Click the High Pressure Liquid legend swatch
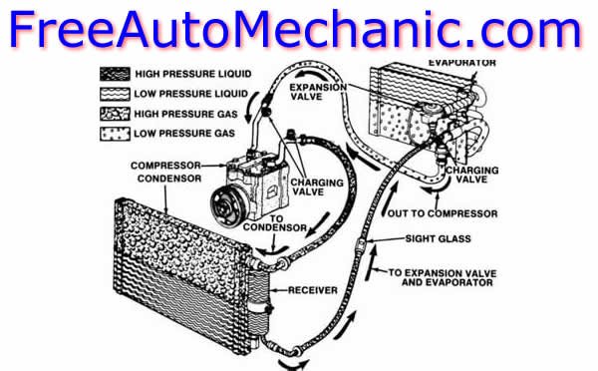tap(115, 74)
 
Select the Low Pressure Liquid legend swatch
tap(115, 94)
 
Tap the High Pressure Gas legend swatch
tap(115, 114)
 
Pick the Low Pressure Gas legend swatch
tap(115, 134)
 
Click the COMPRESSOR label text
tap(165, 166)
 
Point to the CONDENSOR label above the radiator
tap(169, 179)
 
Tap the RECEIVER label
tap(312, 290)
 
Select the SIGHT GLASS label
tap(438, 239)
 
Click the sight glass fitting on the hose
tap(361, 242)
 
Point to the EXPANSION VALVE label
tap(318, 92)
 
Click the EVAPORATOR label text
tap(462, 63)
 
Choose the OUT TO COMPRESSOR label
tap(443, 213)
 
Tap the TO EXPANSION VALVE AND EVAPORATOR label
tap(443, 278)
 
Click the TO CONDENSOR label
tap(275, 223)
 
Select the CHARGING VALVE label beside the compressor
tap(317, 187)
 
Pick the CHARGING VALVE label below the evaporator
tap(472, 175)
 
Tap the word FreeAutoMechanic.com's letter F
tap(22, 29)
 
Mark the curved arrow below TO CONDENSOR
tap(271, 251)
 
